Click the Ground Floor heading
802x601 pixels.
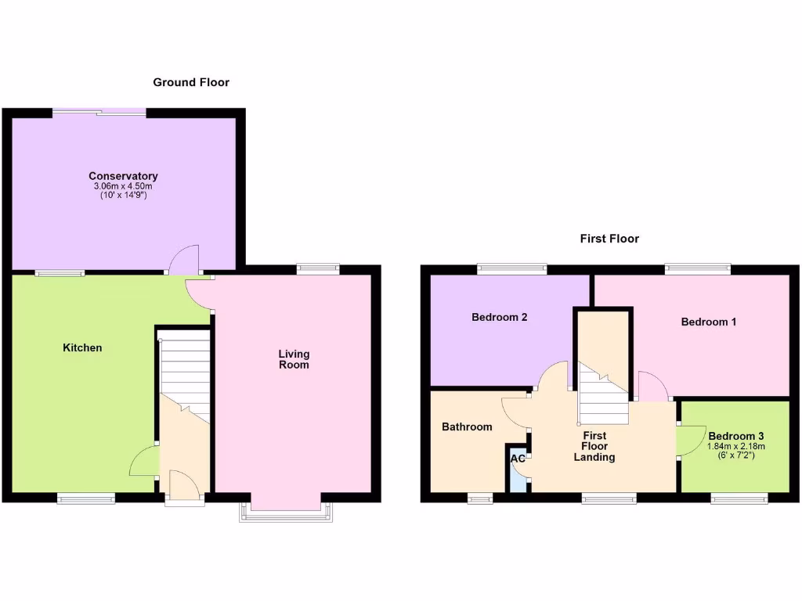[x=190, y=82]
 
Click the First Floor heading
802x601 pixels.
[x=609, y=239]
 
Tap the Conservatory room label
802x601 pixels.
[x=123, y=176]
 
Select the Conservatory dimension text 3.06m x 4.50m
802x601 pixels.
[x=123, y=186]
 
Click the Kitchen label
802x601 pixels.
[x=82, y=347]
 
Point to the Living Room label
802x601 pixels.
[x=294, y=359]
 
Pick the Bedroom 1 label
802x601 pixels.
[x=708, y=322]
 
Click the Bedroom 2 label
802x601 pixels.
[x=499, y=317]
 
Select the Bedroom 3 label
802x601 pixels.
[x=735, y=436]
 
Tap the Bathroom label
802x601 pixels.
[x=467, y=426]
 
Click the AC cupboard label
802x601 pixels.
[x=518, y=459]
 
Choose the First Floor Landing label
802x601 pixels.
[x=594, y=446]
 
